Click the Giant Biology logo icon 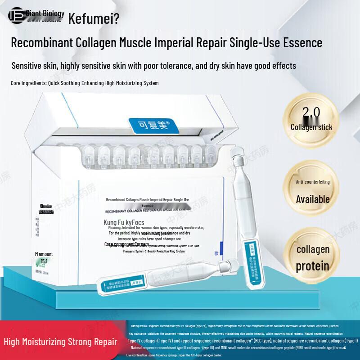[16, 15]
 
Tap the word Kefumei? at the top [94, 19]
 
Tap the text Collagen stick [311, 127]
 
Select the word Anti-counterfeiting [313, 182]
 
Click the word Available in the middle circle [313, 199]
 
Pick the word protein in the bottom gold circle [312, 266]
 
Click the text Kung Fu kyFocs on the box [124, 222]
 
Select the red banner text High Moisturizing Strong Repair [60, 342]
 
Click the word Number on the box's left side [47, 205]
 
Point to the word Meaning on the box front [115, 228]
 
